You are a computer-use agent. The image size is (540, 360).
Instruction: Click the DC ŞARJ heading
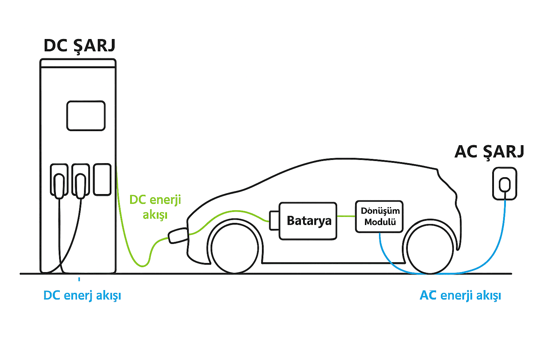pos(79,46)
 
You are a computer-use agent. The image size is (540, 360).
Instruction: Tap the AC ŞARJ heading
pos(489,152)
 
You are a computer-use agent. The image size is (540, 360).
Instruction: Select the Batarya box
pos(308,221)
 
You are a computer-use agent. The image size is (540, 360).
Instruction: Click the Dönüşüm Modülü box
pos(379,217)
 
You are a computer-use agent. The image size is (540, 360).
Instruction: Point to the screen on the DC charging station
pos(86,116)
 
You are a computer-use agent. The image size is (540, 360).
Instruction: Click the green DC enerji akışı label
pos(155,207)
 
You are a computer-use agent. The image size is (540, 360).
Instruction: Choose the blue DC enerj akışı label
pos(82,295)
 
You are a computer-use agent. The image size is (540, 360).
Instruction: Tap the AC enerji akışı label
pos(460,295)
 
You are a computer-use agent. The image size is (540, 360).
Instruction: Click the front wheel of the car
pos(234,247)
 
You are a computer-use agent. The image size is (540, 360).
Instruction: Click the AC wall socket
pos(505,184)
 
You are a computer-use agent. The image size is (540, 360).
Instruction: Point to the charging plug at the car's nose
pos(178,236)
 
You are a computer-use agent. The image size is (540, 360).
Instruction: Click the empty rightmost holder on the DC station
pos(102,179)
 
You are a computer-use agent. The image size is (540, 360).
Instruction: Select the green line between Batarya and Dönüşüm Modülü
pos(346,216)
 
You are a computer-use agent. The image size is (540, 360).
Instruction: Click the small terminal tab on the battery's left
pos(274,220)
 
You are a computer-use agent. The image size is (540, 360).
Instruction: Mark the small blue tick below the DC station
pos(79,279)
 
